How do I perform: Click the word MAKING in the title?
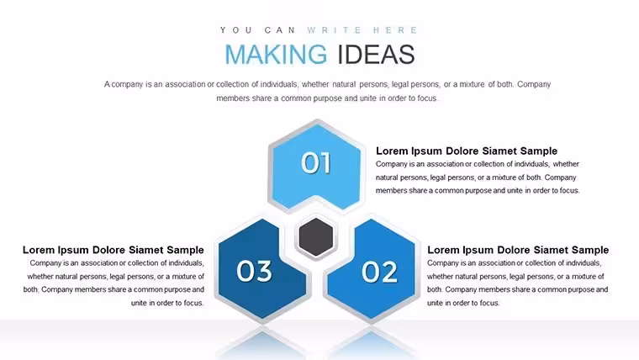(276, 54)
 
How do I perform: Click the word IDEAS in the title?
(376, 54)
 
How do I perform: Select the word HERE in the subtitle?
(396, 30)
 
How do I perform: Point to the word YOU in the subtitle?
(236, 30)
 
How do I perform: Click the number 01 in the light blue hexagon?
(316, 163)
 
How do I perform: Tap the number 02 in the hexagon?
(379, 272)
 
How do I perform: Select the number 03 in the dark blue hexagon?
(254, 271)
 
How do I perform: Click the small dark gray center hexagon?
(316, 237)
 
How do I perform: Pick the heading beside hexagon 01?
(466, 151)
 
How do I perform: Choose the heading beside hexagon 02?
(518, 250)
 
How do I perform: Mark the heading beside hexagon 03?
(114, 250)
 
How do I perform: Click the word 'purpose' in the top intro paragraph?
(329, 98)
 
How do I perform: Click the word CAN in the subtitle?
(280, 30)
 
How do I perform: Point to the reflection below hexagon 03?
(261, 341)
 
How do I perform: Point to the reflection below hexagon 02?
(371, 341)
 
